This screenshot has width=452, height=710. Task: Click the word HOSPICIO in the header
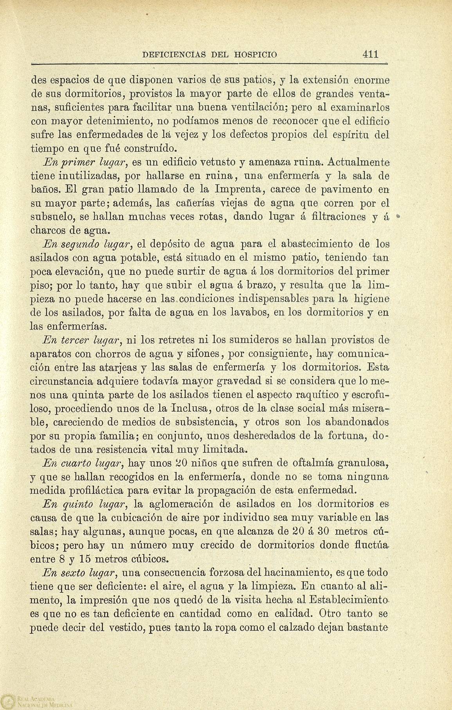coord(256,54)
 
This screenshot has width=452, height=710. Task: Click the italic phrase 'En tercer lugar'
coord(84,340)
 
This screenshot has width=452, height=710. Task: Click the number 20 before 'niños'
coord(183,463)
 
